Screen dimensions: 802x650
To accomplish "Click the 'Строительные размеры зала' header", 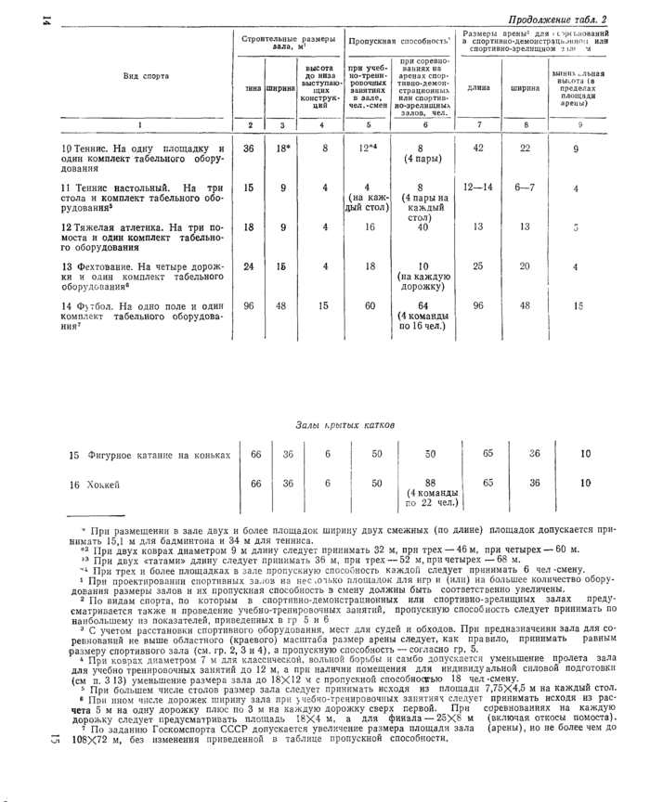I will point(289,43).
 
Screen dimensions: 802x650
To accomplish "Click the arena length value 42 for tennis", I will point(479,149).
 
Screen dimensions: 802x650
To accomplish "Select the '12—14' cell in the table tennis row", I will point(479,188).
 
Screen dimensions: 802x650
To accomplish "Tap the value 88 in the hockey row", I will point(428,484).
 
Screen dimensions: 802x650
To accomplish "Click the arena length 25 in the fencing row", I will point(479,266).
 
